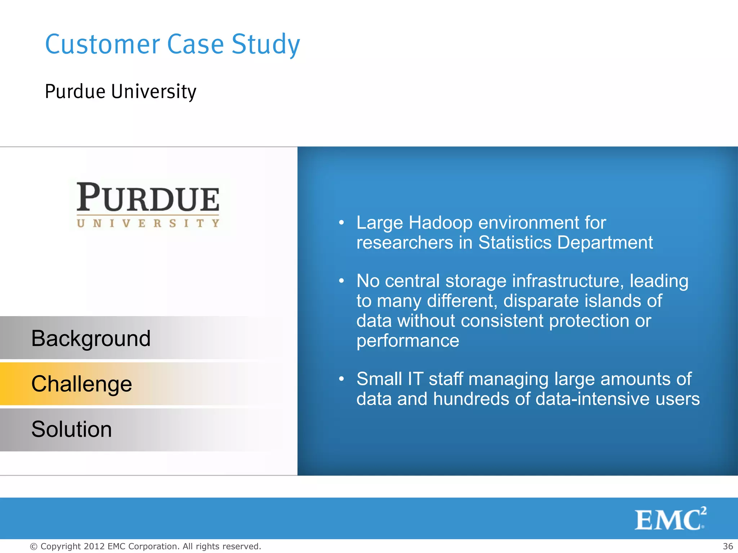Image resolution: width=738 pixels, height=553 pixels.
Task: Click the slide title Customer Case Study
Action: (x=172, y=44)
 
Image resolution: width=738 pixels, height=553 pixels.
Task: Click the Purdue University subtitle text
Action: (x=120, y=91)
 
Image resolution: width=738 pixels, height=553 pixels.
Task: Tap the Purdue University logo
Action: (x=148, y=204)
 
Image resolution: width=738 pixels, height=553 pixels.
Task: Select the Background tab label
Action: (x=91, y=338)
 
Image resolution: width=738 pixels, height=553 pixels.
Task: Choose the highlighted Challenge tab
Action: (x=81, y=384)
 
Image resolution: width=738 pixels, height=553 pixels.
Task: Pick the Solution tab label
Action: (x=71, y=429)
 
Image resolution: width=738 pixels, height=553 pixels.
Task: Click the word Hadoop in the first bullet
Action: (x=440, y=223)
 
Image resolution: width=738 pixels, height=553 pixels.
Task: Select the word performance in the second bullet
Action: (x=408, y=341)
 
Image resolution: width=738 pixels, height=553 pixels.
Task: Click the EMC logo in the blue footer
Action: (x=670, y=519)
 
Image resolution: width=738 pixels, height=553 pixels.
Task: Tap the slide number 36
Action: (x=728, y=546)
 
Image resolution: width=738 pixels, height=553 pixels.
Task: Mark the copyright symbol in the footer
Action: (x=34, y=547)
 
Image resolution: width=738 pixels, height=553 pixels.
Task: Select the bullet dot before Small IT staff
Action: (x=341, y=379)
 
